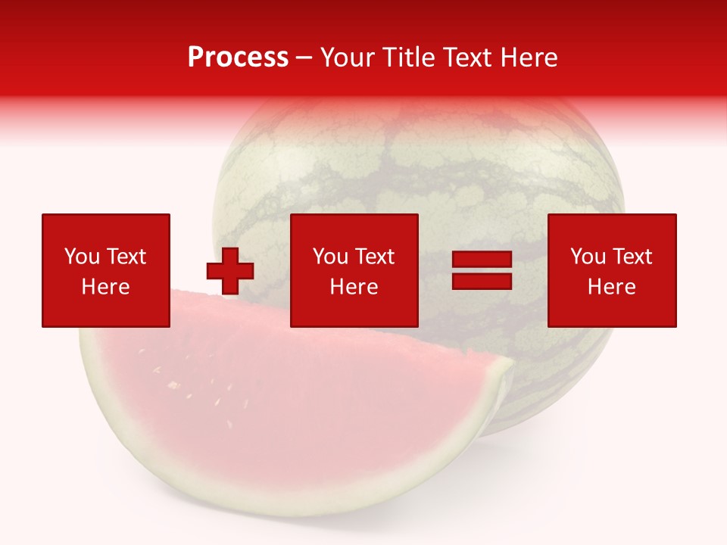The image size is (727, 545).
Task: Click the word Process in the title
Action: (x=238, y=58)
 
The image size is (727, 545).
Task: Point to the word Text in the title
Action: (x=469, y=58)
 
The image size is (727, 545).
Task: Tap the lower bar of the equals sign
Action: (x=482, y=281)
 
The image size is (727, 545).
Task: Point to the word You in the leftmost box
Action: (x=81, y=257)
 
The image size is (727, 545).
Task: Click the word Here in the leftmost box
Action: (x=106, y=287)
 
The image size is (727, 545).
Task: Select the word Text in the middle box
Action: (x=373, y=257)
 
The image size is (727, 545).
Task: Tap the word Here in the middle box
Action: (x=354, y=287)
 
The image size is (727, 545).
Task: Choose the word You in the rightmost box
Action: (x=587, y=257)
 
